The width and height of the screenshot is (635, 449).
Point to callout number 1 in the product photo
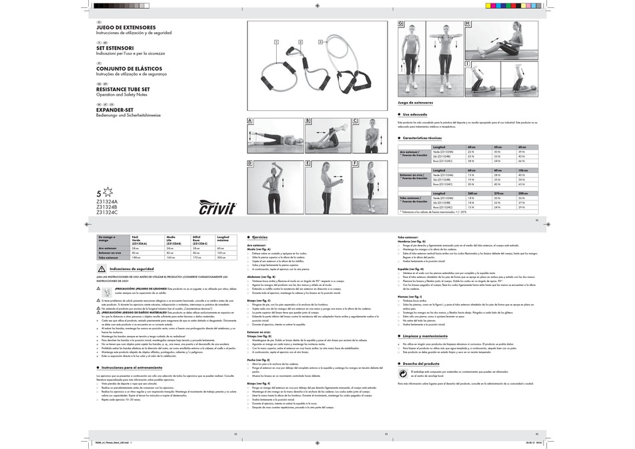coord(276,41)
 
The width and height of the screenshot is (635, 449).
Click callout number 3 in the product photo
coord(320,41)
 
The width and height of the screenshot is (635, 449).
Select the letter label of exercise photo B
coord(308,122)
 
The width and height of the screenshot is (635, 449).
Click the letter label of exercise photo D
coord(250,163)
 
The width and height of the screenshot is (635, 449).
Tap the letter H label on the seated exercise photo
coord(467,24)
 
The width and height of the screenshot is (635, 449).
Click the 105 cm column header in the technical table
coord(521,170)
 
